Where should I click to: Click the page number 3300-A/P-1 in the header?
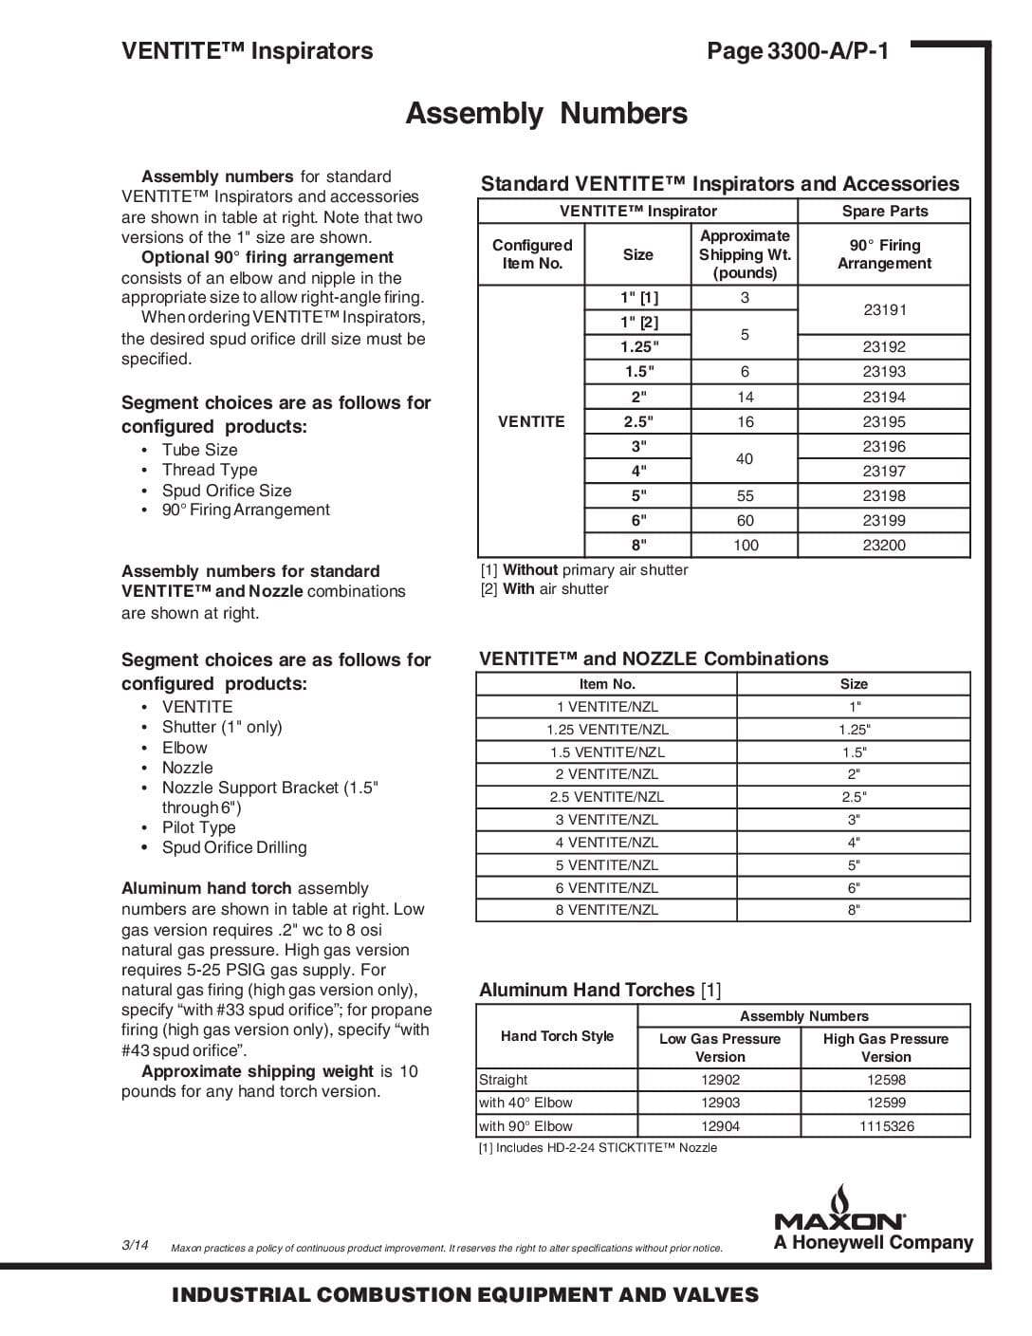click(x=798, y=51)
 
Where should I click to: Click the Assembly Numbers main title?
click(x=546, y=114)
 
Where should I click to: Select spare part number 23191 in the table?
click(x=884, y=309)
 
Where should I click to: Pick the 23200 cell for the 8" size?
click(x=884, y=546)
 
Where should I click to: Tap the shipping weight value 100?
click(x=746, y=546)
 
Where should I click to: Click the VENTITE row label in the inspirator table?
click(x=531, y=421)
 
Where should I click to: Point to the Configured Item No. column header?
click(x=532, y=254)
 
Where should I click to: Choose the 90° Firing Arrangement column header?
click(x=884, y=254)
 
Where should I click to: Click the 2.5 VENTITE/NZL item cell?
click(x=607, y=797)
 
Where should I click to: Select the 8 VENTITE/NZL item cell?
click(x=607, y=910)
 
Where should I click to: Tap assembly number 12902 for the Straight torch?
click(x=720, y=1080)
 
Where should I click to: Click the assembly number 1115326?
click(x=886, y=1126)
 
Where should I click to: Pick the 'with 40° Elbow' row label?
click(x=525, y=1103)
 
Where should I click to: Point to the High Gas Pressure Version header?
click(x=886, y=1048)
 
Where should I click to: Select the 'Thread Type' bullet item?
click(x=210, y=470)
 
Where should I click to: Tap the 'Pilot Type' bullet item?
click(x=198, y=827)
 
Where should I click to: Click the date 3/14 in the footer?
click(x=135, y=1245)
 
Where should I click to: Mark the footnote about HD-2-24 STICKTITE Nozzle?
click(x=598, y=1148)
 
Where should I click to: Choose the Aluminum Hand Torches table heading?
click(x=599, y=990)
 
